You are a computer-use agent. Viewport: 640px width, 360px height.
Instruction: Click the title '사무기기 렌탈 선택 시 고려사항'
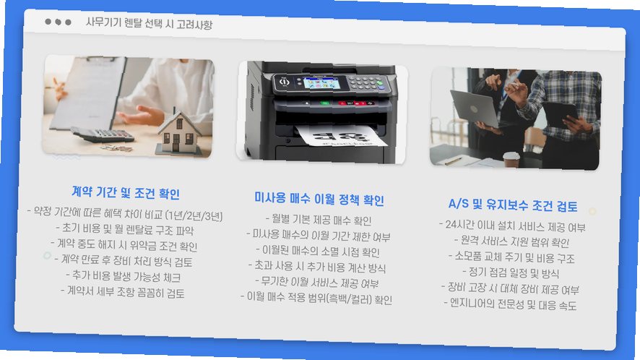(x=149, y=23)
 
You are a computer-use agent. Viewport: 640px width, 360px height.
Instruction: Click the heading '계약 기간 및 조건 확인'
(x=126, y=192)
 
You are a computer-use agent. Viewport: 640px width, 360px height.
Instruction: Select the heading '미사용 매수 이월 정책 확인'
(x=319, y=199)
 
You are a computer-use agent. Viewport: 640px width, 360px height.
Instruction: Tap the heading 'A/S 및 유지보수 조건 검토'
(x=513, y=205)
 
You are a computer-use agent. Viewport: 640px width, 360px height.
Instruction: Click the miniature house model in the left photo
(x=178, y=133)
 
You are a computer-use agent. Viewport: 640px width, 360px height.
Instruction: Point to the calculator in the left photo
(x=102, y=134)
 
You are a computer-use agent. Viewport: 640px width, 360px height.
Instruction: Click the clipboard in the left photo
(x=87, y=93)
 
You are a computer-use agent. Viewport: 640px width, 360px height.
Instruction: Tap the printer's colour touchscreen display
(x=321, y=82)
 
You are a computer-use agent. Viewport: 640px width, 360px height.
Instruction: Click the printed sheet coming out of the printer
(x=341, y=135)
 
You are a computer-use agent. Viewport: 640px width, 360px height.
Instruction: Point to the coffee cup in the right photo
(x=511, y=159)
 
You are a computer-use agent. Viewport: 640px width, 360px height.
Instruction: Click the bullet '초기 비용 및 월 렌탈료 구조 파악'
(x=125, y=229)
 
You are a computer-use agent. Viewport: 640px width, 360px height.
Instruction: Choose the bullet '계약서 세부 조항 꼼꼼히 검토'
(x=123, y=292)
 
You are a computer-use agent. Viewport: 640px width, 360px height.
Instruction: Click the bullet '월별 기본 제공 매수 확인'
(x=319, y=220)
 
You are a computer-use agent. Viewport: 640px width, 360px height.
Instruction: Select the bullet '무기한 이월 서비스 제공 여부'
(x=317, y=283)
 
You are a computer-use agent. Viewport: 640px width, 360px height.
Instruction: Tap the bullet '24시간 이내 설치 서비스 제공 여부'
(x=513, y=226)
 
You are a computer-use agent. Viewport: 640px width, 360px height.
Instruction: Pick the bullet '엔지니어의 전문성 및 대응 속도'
(x=510, y=304)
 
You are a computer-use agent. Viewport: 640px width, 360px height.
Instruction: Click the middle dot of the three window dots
(x=58, y=22)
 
